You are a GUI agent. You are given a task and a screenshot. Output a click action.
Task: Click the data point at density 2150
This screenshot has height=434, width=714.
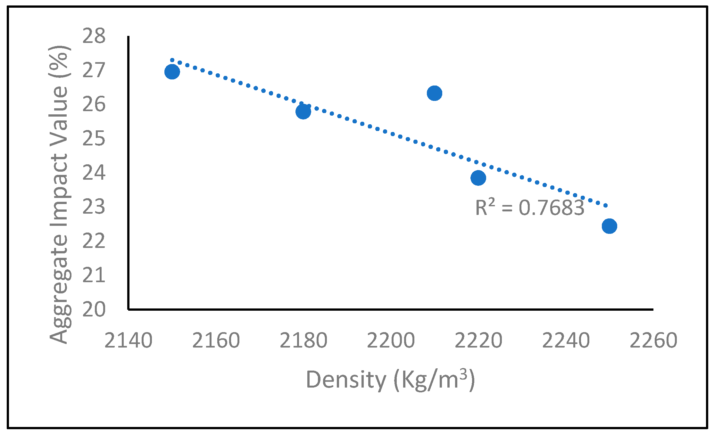pyautogui.click(x=172, y=72)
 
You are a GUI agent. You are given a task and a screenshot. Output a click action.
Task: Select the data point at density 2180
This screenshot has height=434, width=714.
pyautogui.click(x=303, y=111)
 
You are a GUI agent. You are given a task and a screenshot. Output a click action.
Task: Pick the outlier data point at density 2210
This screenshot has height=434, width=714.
pyautogui.click(x=435, y=93)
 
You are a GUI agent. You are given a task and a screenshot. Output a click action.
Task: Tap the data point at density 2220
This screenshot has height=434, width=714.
pyautogui.click(x=478, y=178)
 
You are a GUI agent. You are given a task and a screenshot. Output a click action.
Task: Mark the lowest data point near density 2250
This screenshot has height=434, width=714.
pyautogui.click(x=609, y=226)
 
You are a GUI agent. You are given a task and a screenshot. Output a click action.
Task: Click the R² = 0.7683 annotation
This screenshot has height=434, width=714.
pyautogui.click(x=529, y=208)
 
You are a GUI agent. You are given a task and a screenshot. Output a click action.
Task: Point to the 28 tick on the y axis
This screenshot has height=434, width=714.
pyautogui.click(x=94, y=36)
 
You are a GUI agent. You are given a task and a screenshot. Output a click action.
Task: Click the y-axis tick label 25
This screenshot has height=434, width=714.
pyautogui.click(x=94, y=139)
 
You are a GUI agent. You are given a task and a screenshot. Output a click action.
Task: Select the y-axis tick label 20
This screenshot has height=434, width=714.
pyautogui.click(x=94, y=309)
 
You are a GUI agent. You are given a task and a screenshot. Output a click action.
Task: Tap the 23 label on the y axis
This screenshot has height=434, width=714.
pyautogui.click(x=94, y=207)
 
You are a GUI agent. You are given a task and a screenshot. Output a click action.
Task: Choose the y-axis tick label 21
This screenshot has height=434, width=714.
pyautogui.click(x=94, y=275)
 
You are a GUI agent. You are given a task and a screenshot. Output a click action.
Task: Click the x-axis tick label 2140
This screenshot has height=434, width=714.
pyautogui.click(x=129, y=340)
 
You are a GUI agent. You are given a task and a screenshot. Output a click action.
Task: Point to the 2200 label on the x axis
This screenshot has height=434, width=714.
pyautogui.click(x=391, y=340)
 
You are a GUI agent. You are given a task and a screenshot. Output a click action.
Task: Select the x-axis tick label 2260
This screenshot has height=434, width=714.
pyautogui.click(x=653, y=340)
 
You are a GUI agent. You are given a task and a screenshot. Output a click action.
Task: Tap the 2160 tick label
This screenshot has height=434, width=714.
pyautogui.click(x=216, y=340)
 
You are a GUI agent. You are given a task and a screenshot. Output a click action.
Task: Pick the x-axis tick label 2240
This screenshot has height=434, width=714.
pyautogui.click(x=566, y=340)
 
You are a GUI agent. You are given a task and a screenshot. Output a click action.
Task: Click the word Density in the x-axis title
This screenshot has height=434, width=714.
pyautogui.click(x=346, y=380)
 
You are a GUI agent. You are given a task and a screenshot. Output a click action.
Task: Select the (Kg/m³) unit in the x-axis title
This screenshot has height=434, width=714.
pyautogui.click(x=434, y=380)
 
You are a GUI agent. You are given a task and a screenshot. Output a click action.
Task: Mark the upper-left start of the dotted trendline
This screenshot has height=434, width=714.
pyautogui.click(x=172, y=60)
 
